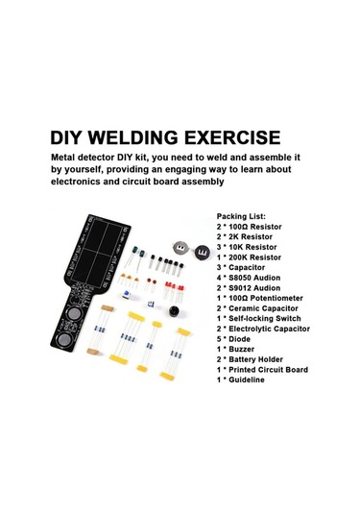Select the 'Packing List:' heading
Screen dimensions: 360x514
[241, 216]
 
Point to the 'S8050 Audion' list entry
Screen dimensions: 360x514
[254, 278]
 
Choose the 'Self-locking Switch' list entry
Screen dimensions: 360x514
[264, 318]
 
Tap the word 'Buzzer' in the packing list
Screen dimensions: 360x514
[241, 349]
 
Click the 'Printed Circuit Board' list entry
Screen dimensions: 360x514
[268, 370]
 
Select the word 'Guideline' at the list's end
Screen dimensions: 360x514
[247, 379]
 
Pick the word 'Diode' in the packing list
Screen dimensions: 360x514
[239, 339]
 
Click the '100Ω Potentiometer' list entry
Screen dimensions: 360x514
[265, 298]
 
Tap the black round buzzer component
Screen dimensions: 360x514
[176, 311]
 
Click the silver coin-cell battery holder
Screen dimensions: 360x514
[180, 248]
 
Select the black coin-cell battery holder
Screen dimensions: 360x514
[202, 252]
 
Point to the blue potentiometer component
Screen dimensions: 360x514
[127, 294]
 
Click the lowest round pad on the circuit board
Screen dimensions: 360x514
[64, 339]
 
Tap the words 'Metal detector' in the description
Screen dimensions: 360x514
[83, 158]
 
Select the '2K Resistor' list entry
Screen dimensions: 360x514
[251, 236]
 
